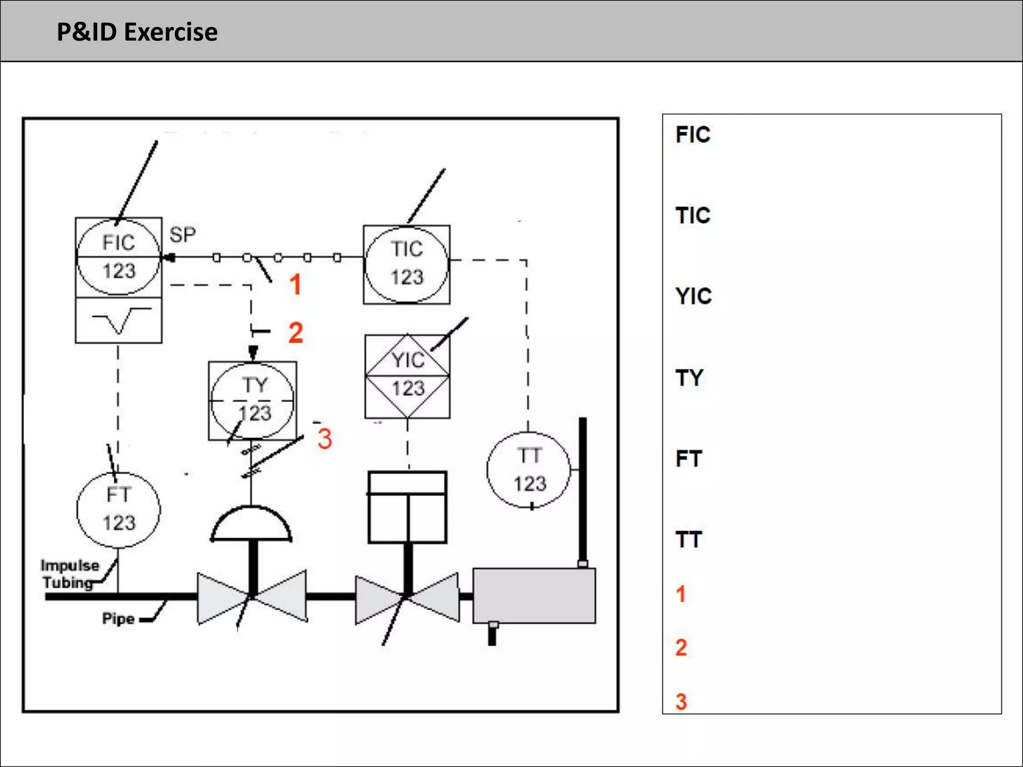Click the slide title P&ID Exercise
137,32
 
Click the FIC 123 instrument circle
118,257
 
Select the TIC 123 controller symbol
407,264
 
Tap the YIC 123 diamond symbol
408,376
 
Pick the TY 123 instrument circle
252,400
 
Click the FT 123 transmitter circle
118,509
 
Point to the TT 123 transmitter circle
528,470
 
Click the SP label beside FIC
182,235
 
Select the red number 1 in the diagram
295,285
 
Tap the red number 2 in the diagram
296,333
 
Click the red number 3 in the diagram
325,438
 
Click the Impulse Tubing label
69,574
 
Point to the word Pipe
118,619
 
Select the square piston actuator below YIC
407,507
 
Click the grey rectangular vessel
534,596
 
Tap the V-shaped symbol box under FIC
118,321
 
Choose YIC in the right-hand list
693,297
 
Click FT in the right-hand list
689,458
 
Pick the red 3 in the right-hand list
681,702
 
